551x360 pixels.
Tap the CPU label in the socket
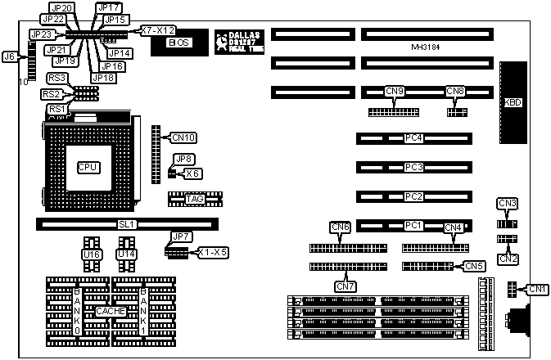[x=88, y=167]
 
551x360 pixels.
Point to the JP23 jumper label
[x=40, y=34]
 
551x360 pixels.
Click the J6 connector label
[x=9, y=56]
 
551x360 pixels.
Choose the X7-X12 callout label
[x=157, y=30]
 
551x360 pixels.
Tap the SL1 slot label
[x=126, y=223]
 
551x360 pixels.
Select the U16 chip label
[x=91, y=254]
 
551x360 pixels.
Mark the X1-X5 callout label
[x=212, y=253]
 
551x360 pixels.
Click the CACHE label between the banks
[x=109, y=311]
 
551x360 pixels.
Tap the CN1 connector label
[x=537, y=288]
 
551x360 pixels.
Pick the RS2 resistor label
[x=51, y=94]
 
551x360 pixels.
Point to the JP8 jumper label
[x=183, y=159]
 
